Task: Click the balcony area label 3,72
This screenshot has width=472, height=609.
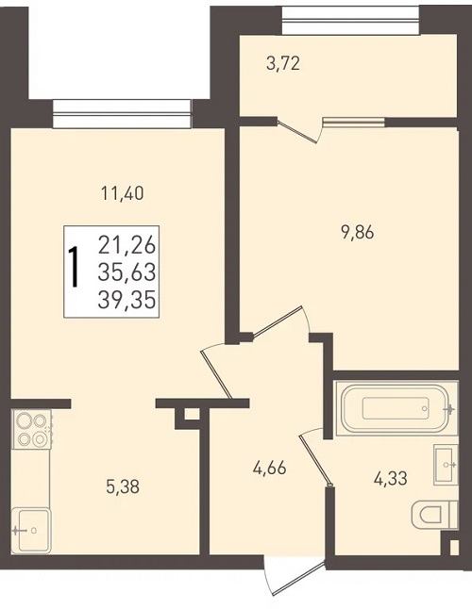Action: (x=283, y=63)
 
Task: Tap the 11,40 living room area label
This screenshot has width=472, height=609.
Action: (x=122, y=193)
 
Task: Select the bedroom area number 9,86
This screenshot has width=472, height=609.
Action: (x=357, y=233)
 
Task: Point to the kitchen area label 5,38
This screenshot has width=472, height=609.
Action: (x=123, y=486)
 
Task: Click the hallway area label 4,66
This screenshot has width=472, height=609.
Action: (x=269, y=468)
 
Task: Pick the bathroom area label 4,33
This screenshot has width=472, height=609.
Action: (x=391, y=479)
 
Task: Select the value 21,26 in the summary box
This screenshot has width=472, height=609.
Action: (x=126, y=245)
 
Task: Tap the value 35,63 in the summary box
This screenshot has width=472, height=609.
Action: (x=126, y=272)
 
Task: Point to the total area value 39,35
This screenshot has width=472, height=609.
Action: (x=126, y=300)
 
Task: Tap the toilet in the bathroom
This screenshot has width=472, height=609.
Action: (x=434, y=515)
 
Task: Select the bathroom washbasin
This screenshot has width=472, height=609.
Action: (x=446, y=465)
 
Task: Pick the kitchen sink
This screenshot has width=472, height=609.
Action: (x=31, y=531)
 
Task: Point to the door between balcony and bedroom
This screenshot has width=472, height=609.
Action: (x=298, y=130)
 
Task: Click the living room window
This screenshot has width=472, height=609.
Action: (x=122, y=113)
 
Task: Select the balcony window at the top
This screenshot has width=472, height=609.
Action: (x=350, y=21)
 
